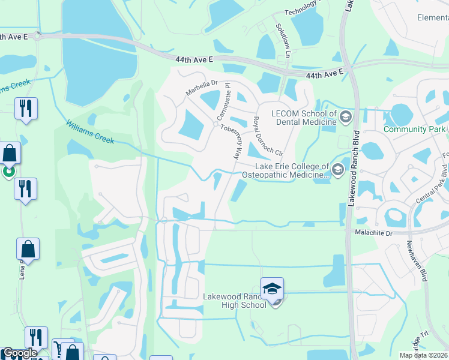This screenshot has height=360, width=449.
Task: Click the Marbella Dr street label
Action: [200, 88]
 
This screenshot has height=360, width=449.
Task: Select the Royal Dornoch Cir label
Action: [264, 135]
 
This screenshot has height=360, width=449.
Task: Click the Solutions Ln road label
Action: [283, 37]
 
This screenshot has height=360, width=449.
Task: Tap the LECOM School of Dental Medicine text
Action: [304, 118]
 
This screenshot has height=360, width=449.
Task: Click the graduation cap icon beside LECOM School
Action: [346, 116]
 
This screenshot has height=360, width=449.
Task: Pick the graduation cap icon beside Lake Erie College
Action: [337, 170]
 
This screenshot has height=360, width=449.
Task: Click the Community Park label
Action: [414, 129]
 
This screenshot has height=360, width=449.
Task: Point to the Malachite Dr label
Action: [373, 232]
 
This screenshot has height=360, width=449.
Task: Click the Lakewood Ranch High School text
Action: [235, 301]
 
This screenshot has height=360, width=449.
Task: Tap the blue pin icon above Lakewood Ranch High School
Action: [272, 288]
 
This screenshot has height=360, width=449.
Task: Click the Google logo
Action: [19, 353]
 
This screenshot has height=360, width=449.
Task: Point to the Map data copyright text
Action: [424, 355]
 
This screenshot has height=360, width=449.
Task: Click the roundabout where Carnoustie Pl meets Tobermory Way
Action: [215, 124]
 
